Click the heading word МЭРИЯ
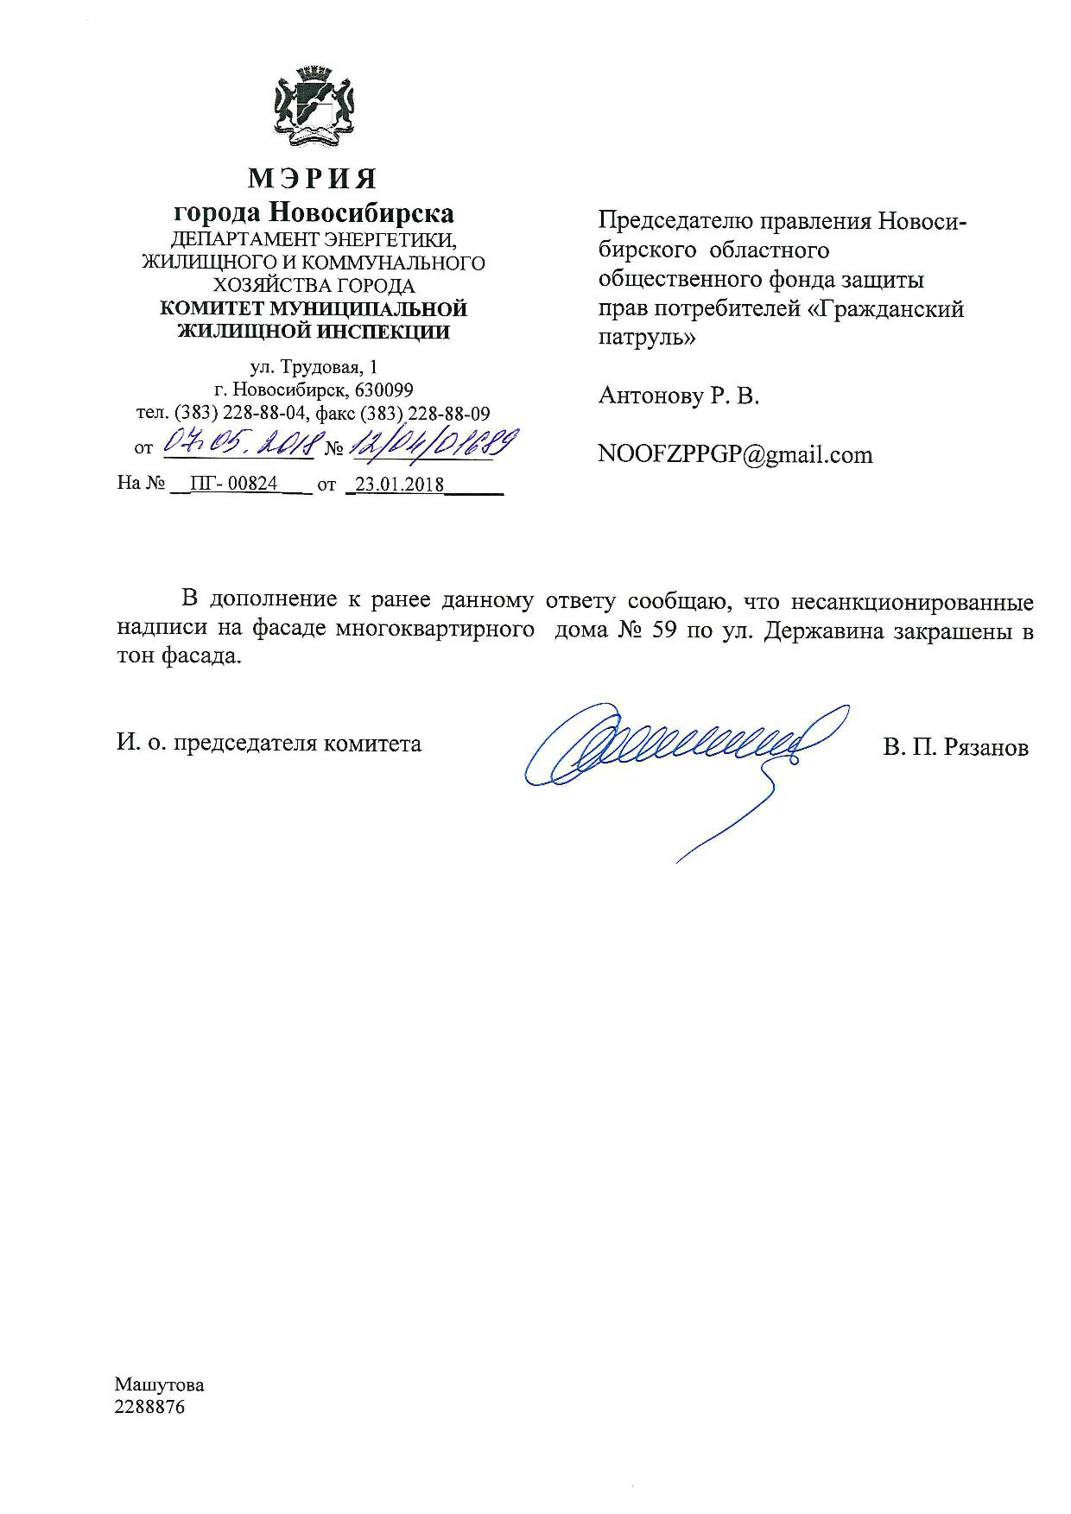(313, 179)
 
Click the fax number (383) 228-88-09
(425, 413)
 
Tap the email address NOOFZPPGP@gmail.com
(735, 454)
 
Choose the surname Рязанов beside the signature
(987, 747)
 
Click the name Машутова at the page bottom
(160, 1385)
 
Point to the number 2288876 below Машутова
(149, 1407)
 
